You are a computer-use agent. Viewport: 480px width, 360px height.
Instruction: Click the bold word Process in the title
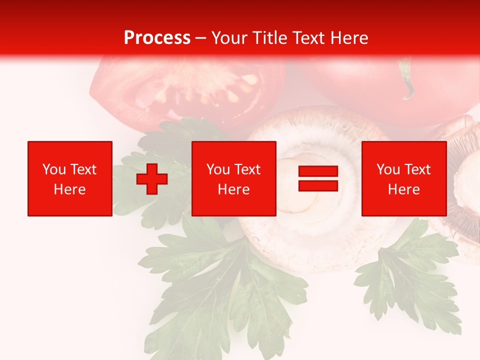[157, 38]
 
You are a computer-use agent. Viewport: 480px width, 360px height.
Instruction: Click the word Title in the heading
[269, 38]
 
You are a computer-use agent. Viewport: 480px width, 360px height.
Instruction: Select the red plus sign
[152, 178]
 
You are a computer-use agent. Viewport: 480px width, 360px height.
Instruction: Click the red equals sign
[318, 178]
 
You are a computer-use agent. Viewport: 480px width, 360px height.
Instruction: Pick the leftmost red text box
[70, 178]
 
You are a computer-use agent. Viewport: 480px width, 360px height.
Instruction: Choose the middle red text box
[234, 178]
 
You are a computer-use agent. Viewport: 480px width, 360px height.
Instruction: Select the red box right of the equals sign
[404, 178]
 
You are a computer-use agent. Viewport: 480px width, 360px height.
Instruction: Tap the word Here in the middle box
[234, 189]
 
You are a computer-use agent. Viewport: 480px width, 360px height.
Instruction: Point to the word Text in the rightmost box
[418, 169]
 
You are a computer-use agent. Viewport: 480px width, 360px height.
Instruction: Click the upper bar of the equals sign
[318, 171]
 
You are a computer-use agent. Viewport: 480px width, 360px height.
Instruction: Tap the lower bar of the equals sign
[318, 185]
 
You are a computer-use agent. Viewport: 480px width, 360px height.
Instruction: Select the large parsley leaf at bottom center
[225, 290]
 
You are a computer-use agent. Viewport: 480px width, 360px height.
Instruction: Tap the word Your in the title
[229, 38]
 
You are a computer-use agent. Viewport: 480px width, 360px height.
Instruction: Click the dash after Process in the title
[201, 38]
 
